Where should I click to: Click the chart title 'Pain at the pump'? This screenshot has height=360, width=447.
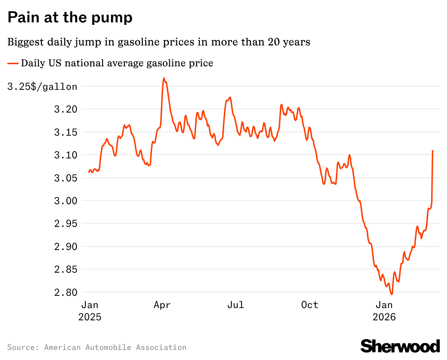(70, 17)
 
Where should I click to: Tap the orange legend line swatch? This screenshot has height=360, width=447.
(13, 63)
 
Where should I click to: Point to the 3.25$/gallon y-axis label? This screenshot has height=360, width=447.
(42, 87)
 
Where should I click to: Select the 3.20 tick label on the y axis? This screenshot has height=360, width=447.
(66, 109)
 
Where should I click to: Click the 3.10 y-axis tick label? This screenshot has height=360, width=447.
(66, 155)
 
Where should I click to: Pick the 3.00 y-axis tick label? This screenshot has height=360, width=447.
(66, 201)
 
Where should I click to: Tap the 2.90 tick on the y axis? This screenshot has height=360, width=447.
(66, 247)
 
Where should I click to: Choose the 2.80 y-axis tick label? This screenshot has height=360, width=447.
(66, 293)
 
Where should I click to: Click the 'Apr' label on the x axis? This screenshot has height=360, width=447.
(162, 305)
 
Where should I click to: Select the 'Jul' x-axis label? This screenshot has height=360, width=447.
(235, 305)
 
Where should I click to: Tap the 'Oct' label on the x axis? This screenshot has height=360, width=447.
(310, 305)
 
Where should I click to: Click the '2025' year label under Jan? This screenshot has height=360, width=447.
(90, 317)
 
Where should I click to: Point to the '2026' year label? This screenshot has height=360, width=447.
(384, 317)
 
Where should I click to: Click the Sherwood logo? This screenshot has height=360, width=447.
(400, 346)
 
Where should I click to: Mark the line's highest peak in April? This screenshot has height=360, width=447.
(164, 78)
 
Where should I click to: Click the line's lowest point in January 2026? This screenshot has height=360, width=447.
(392, 294)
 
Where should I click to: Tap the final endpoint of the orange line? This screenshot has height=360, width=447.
(433, 151)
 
